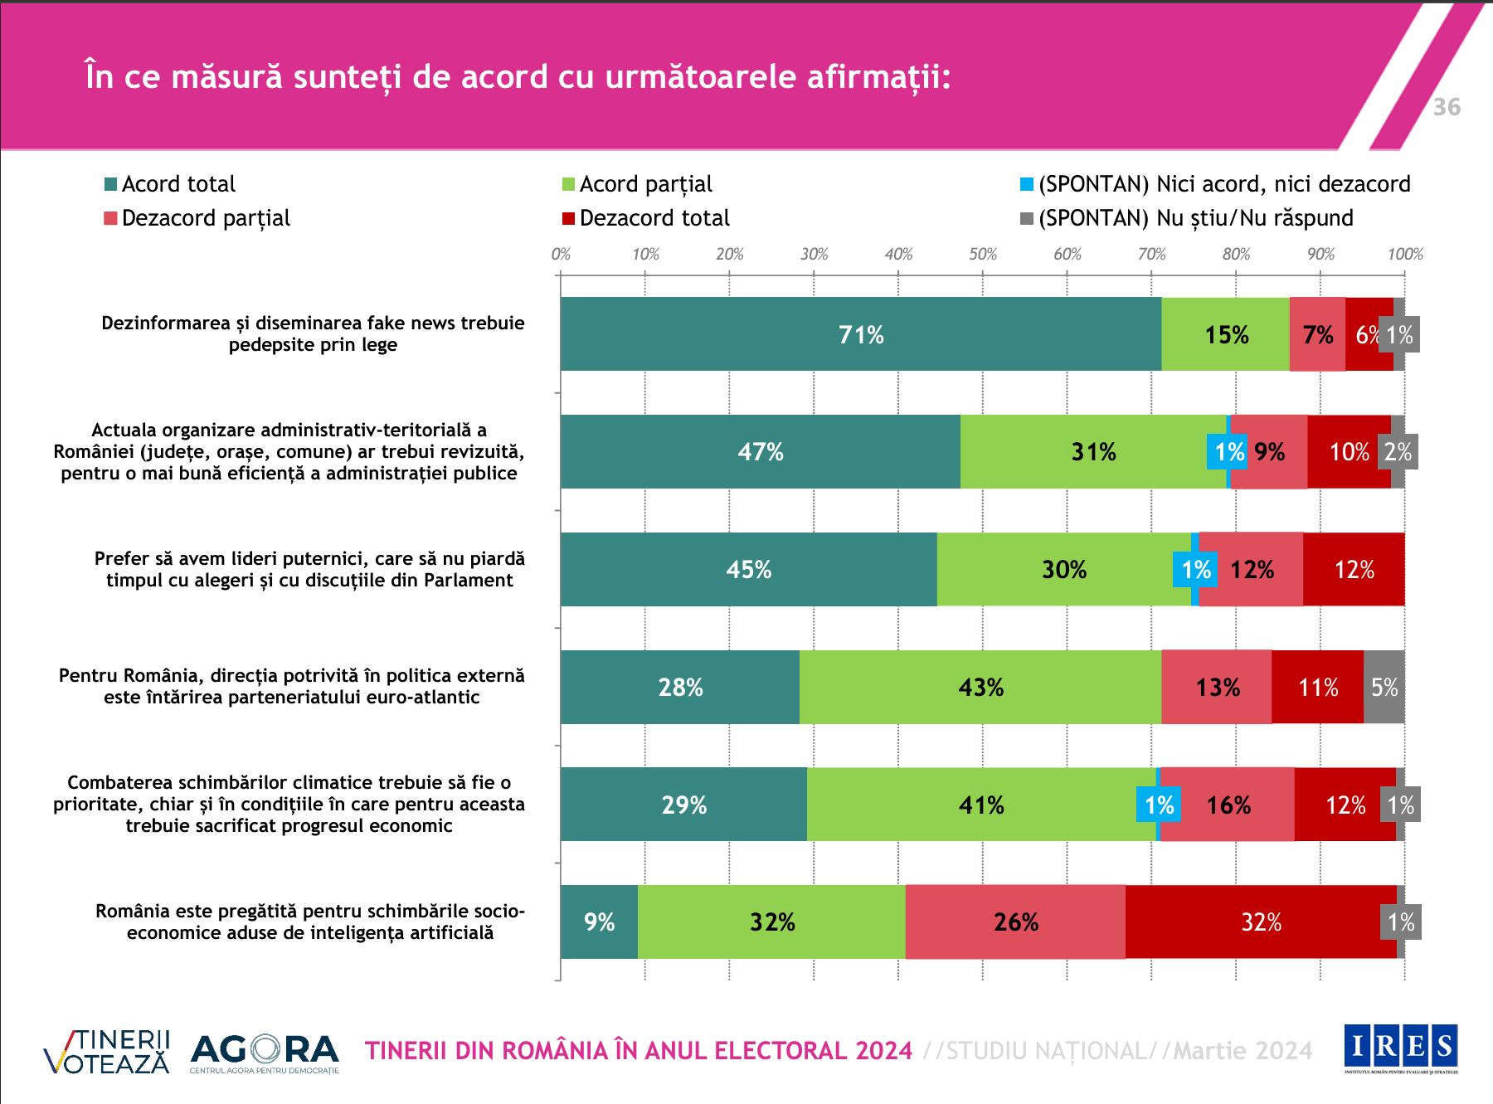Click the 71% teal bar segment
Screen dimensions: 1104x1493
[x=860, y=334]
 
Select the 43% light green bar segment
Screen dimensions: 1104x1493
[x=980, y=687]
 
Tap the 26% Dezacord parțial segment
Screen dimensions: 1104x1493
[x=1015, y=922]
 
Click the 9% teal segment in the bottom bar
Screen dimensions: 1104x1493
[x=599, y=922]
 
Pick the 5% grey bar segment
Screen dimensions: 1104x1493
[x=1384, y=687]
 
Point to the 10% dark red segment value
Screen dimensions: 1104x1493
[x=1349, y=452]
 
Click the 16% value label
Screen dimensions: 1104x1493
[x=1228, y=805]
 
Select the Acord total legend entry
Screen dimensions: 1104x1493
[x=170, y=184]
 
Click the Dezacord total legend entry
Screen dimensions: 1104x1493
[x=646, y=218]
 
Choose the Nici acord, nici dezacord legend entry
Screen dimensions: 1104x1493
[x=1215, y=184]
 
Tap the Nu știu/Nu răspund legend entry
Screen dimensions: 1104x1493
[x=1187, y=218]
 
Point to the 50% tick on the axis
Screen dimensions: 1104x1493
[x=983, y=254]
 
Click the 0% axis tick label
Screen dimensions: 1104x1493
[x=561, y=254]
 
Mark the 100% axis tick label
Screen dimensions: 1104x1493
[x=1405, y=254]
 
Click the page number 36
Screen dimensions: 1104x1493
[x=1447, y=107]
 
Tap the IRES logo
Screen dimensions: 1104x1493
[x=1401, y=1048]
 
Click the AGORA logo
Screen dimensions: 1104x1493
[x=265, y=1053]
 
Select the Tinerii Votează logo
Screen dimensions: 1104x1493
[x=107, y=1052]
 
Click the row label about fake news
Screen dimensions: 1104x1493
[x=313, y=333]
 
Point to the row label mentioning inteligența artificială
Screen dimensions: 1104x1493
[x=310, y=922]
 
